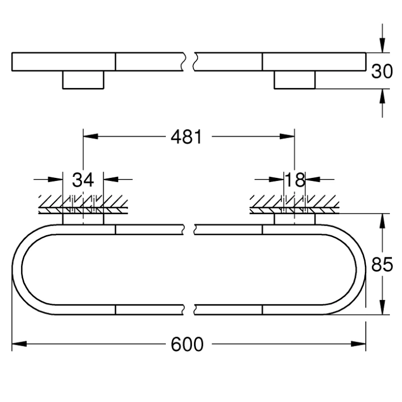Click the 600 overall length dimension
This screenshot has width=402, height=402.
pos(187,344)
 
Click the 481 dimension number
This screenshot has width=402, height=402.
pos(186,136)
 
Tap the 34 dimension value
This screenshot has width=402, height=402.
pos(83,179)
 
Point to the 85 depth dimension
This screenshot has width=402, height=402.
pos(382,264)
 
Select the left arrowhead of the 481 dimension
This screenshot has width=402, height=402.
pos(90,136)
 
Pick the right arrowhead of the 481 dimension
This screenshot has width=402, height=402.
pos(287,136)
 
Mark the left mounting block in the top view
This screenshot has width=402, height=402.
pos(83,79)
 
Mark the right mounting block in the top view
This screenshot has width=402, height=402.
pos(294,79)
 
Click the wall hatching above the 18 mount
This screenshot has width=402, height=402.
pos(294,204)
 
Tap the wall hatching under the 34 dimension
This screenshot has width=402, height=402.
pos(83,204)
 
